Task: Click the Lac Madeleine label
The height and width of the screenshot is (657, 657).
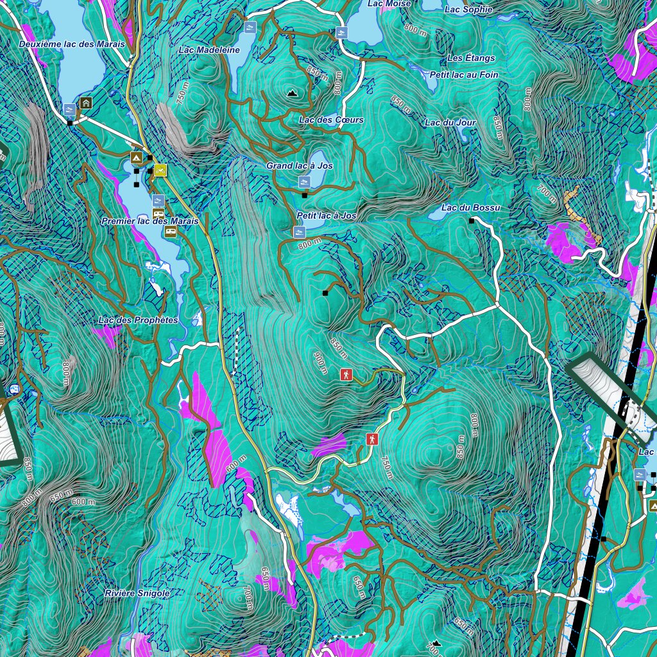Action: coord(209,50)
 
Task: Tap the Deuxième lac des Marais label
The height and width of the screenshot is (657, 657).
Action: coord(72,44)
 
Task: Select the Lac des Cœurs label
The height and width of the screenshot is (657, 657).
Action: coord(331,120)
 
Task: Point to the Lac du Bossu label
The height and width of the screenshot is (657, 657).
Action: coord(470,208)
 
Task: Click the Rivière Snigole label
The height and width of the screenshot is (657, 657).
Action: coord(137,593)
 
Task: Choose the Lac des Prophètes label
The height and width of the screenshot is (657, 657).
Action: coord(138,320)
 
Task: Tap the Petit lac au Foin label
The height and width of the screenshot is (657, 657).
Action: coord(464,75)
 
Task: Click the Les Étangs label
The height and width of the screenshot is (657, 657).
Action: coord(472,58)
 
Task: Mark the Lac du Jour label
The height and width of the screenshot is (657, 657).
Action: coord(450,123)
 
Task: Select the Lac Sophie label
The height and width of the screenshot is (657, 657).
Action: coord(468,10)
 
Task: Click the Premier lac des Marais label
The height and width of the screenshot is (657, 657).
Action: coord(150,221)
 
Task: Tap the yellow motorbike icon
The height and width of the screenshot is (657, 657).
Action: coord(160,170)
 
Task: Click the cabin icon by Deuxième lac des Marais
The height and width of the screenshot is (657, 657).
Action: coord(86,102)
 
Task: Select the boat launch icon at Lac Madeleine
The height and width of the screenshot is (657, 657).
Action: coord(250,28)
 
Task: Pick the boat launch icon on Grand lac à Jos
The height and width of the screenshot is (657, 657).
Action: coord(305,182)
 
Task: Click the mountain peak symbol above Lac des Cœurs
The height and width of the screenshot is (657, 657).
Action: coord(293,93)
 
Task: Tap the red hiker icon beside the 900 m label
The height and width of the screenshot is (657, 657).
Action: coord(346,375)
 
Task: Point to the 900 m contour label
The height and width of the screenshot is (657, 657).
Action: coord(321,364)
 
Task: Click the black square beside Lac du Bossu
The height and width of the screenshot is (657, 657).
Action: coord(472,221)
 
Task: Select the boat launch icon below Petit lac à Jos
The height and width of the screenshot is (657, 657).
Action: coord(299,231)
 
